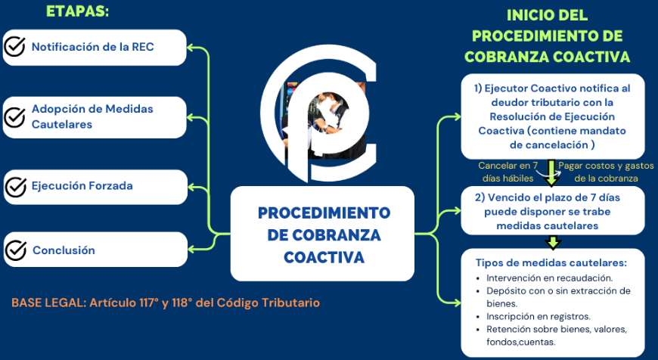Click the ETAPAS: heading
(77, 11)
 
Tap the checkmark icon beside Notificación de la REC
(14, 47)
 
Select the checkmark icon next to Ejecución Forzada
(16, 187)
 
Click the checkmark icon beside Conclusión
(16, 250)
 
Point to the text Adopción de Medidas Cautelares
(92, 116)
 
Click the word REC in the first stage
(143, 47)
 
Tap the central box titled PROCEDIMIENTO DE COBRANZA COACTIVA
(322, 234)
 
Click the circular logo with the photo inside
(319, 113)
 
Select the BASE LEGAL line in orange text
(166, 303)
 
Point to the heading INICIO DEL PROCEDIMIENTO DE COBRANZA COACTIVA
(548, 36)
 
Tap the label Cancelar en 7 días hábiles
(507, 172)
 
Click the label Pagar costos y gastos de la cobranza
(606, 172)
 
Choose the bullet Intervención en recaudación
(549, 278)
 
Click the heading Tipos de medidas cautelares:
(551, 263)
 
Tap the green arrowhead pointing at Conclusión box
(192, 250)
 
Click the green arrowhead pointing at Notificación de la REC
(191, 48)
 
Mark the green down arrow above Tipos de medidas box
(553, 242)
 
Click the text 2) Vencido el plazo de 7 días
(548, 197)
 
